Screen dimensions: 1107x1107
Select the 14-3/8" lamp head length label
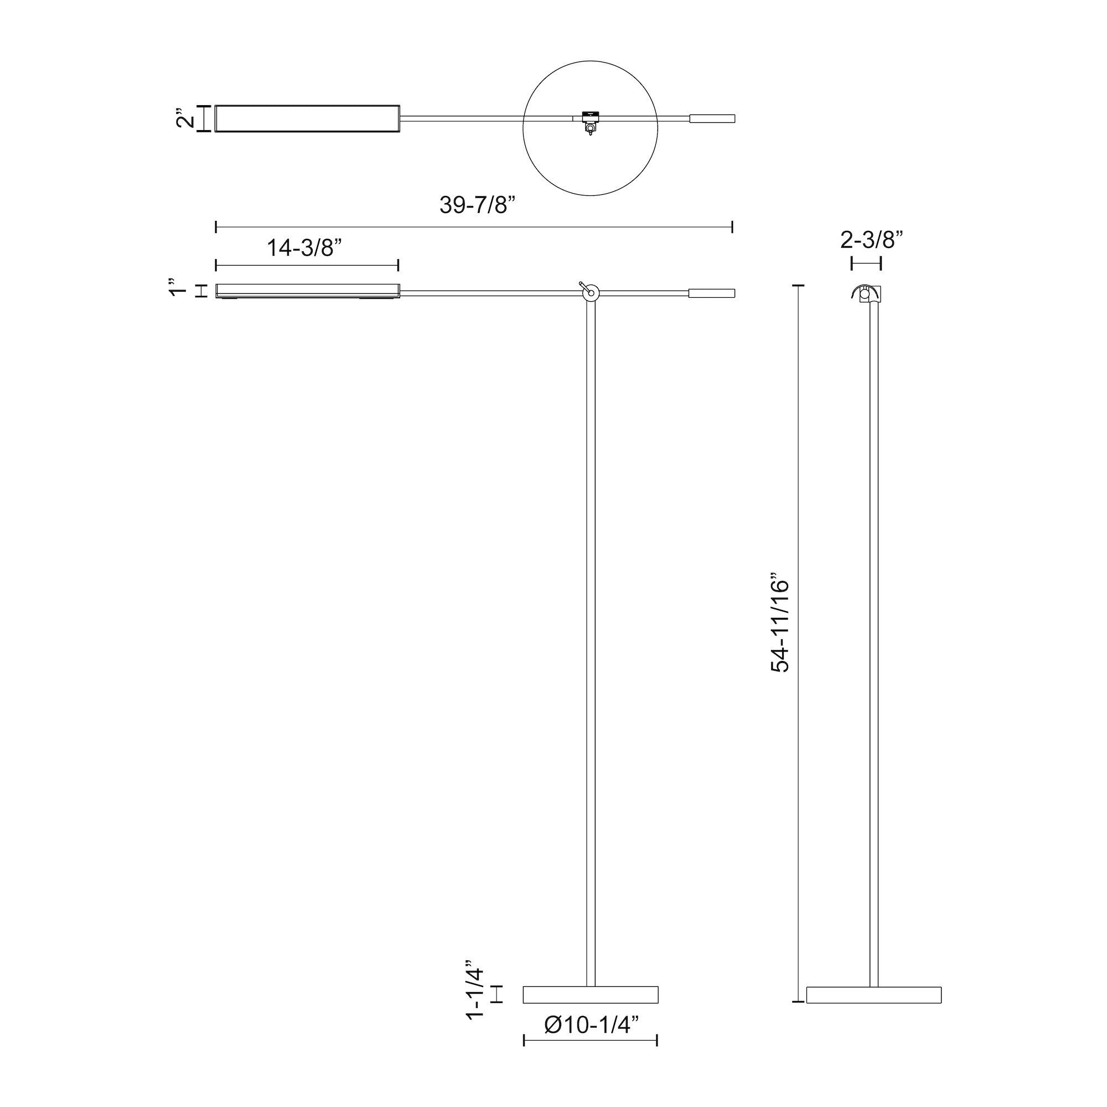(304, 248)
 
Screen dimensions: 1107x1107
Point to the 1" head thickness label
(179, 287)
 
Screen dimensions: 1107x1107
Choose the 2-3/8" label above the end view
(872, 240)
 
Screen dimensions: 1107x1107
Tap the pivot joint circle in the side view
(590, 293)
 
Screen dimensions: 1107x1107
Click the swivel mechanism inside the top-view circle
(589, 121)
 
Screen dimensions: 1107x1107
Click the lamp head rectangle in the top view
(307, 118)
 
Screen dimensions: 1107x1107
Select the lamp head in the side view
(307, 291)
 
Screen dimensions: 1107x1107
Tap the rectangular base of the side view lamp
(591, 995)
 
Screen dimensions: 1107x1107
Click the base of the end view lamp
(873, 995)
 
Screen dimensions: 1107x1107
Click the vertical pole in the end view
(874, 630)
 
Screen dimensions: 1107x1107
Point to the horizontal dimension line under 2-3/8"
(866, 263)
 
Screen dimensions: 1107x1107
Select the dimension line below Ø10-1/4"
(591, 1041)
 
